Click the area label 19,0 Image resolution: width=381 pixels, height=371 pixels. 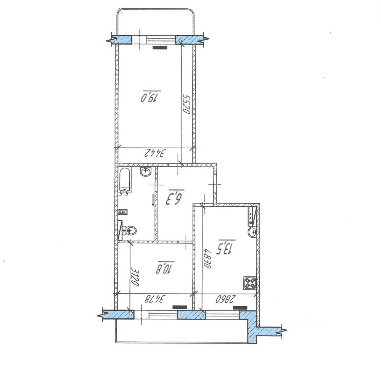pos(151,97)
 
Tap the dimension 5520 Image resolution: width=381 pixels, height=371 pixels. pos(186,104)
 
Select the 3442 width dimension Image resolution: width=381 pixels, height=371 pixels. pos(155,153)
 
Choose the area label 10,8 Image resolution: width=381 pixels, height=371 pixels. pos(165,268)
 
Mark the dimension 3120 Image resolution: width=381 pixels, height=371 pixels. pos(135,276)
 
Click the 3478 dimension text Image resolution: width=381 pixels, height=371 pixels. pos(155,299)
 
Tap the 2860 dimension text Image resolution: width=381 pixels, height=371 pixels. pos(226,299)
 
